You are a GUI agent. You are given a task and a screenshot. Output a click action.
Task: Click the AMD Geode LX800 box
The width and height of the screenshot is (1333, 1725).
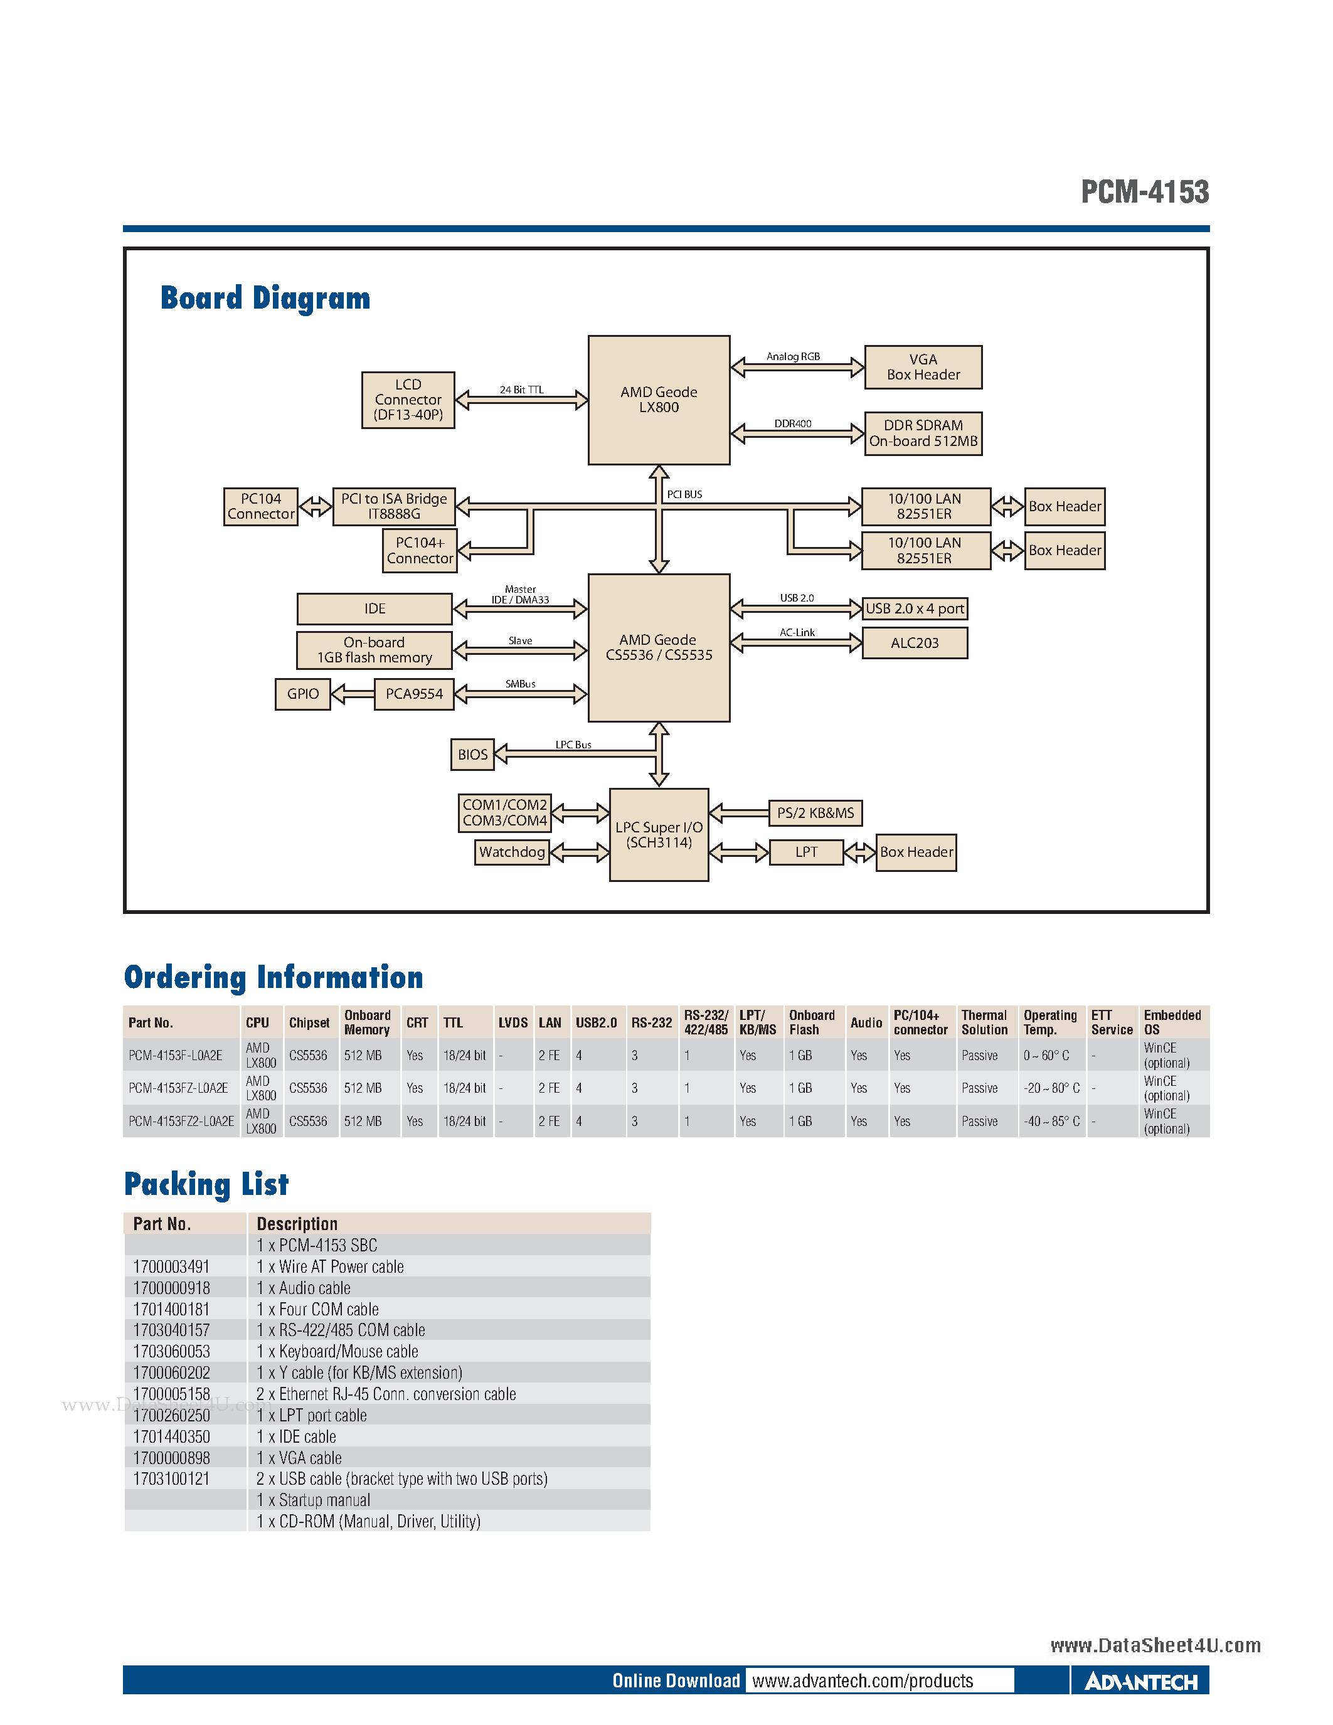659,400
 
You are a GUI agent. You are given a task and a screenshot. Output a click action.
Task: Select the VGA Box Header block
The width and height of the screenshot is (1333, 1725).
923,368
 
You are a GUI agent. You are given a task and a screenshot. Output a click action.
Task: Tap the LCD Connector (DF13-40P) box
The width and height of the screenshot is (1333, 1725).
408,400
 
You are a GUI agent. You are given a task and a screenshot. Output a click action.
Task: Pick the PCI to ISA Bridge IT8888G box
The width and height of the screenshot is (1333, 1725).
394,506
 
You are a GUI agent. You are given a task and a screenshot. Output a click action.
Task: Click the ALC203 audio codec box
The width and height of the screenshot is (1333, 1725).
915,643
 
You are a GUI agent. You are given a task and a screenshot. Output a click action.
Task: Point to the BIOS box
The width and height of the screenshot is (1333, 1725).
472,754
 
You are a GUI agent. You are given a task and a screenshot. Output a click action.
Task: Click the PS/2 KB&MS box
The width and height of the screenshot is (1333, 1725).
815,813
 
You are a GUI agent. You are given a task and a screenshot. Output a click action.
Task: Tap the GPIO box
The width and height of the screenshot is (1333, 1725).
302,694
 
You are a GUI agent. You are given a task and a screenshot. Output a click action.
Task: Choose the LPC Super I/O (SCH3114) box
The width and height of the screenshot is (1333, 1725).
659,835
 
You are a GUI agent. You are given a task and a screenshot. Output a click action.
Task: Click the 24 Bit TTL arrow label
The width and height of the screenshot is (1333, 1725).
521,390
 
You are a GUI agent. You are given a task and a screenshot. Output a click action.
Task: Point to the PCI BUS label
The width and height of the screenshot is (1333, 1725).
684,494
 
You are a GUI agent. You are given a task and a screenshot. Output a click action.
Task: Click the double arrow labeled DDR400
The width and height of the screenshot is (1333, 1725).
797,433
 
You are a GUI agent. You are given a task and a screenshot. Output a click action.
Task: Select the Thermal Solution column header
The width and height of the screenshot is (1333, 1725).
984,1022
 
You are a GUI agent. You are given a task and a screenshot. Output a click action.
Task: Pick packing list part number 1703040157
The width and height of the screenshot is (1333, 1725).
171,1330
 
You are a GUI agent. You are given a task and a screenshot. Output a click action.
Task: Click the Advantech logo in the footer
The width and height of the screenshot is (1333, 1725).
1140,1682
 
